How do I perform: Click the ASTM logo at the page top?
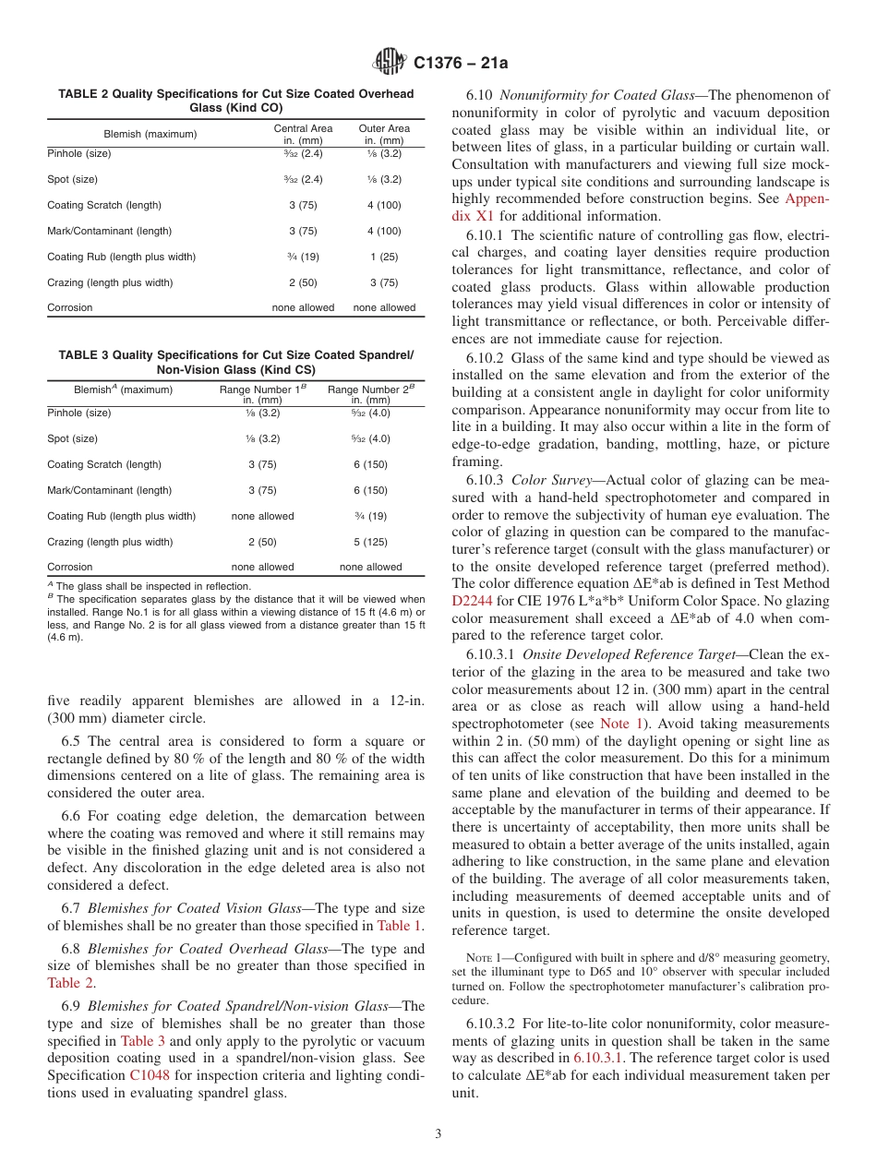point(389,62)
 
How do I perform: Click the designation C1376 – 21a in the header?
point(461,63)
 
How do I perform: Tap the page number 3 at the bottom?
point(438,1133)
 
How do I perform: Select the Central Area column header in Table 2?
point(303,134)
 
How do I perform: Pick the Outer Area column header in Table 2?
point(384,134)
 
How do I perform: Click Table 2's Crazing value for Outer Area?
point(384,282)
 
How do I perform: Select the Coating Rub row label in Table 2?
point(121,257)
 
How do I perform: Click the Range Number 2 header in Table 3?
point(370,394)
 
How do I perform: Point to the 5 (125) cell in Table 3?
point(370,542)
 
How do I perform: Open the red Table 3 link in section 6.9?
point(143,1040)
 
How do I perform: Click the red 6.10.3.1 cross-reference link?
point(598,1058)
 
